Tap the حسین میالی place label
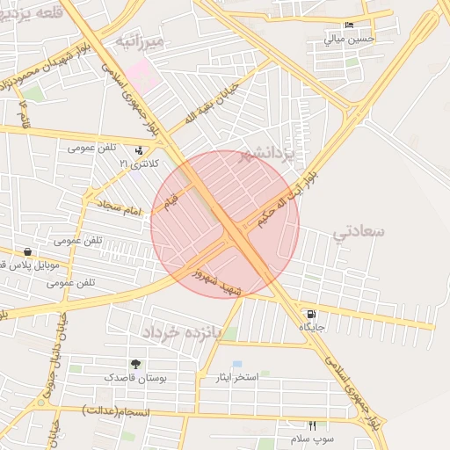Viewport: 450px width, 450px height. pyautogui.click(x=350, y=39)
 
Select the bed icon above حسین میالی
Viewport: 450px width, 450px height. pyautogui.click(x=350, y=25)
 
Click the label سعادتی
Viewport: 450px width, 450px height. pyautogui.click(x=359, y=232)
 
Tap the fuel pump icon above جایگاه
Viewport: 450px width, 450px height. pyautogui.click(x=311, y=314)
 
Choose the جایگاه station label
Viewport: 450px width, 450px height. pyautogui.click(x=312, y=327)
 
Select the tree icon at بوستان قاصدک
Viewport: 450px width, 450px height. pyautogui.click(x=135, y=364)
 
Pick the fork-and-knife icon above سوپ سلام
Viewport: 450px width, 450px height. pyautogui.click(x=312, y=425)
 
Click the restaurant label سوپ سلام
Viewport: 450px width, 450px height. pyautogui.click(x=308, y=438)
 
